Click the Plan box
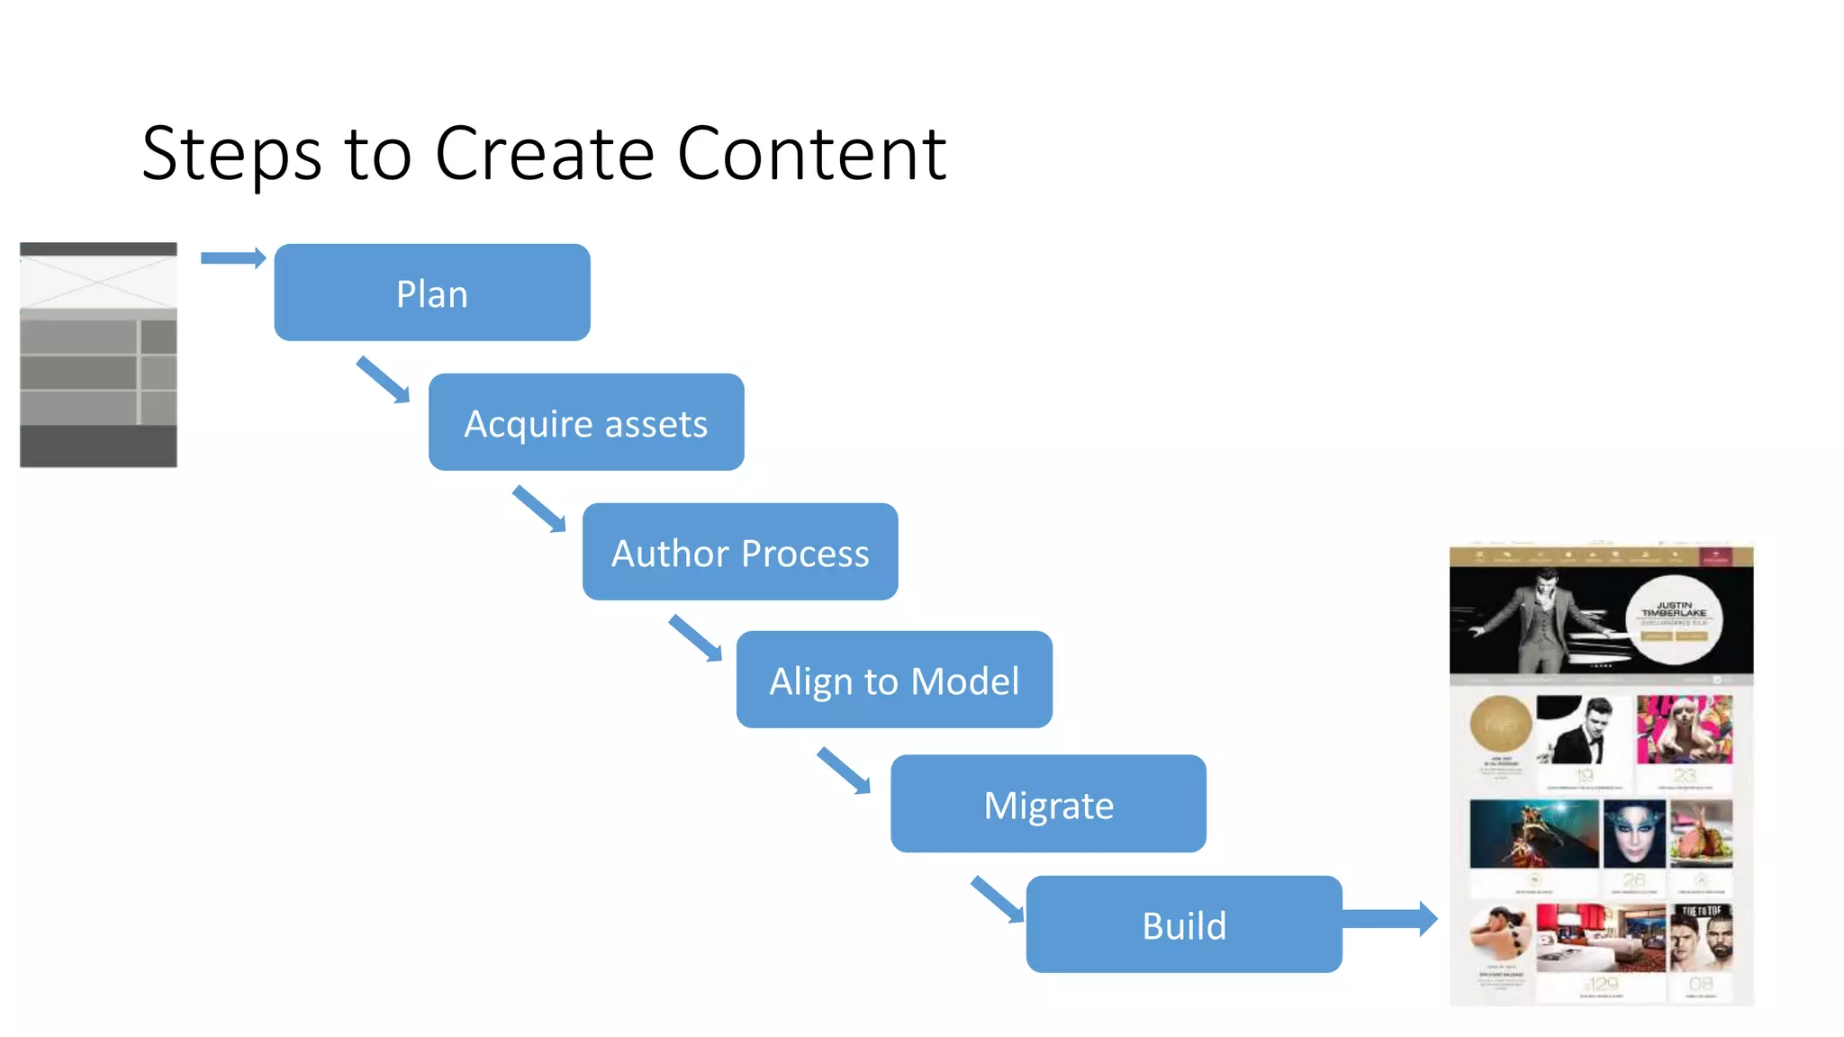tap(432, 293)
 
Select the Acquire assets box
tap(586, 422)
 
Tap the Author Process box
tap(740, 552)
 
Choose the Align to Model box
tap(894, 680)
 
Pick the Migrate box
tap(1048, 804)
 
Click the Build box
tap(1184, 924)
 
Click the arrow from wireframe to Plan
tap(232, 258)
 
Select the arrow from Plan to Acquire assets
tap(384, 380)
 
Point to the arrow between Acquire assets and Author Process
tap(539, 509)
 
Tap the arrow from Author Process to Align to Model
tap(696, 638)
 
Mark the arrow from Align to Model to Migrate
tap(845, 771)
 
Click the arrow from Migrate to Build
tap(998, 899)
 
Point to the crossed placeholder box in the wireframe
tap(98, 282)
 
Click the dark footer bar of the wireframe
tap(98, 446)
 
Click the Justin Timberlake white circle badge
tap(1674, 619)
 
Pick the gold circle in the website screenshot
tap(1500, 723)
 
